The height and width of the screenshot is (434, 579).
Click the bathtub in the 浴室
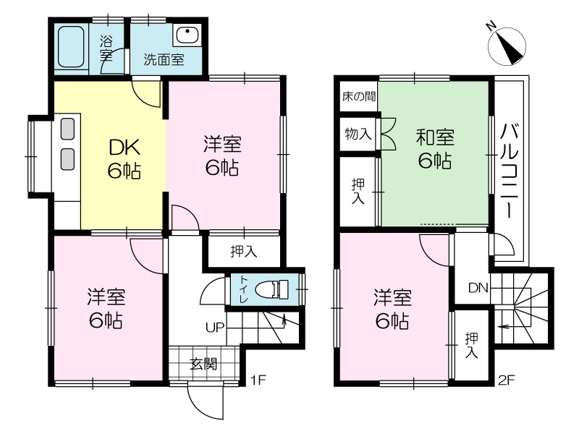(71, 47)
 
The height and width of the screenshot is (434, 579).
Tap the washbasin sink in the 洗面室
(187, 35)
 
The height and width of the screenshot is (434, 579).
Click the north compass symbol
(507, 46)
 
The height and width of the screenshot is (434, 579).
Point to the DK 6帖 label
(124, 159)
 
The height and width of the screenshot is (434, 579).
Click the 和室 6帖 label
(435, 149)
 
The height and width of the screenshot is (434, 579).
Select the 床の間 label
(358, 97)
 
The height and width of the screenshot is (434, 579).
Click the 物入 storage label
(358, 134)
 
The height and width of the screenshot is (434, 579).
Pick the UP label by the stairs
(215, 328)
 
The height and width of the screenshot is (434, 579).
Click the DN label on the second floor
(478, 287)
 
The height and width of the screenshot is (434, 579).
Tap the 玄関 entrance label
(204, 365)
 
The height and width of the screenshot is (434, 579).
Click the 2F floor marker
(506, 380)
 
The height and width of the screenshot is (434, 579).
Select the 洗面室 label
(164, 59)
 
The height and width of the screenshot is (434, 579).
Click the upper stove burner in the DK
(67, 129)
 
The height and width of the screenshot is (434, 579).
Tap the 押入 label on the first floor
(244, 252)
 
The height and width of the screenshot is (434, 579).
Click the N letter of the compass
(491, 26)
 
